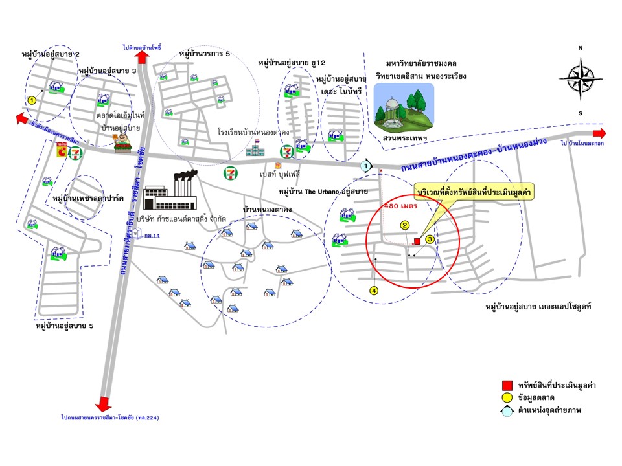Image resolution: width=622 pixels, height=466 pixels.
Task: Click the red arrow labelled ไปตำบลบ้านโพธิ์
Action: click(x=143, y=57)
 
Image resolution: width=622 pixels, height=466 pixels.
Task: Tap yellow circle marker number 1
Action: click(x=31, y=100)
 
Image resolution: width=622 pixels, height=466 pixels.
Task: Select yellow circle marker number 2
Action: click(x=404, y=226)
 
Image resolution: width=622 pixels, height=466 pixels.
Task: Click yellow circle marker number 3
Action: click(x=430, y=239)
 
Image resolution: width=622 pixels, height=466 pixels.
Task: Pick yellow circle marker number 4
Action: click(x=373, y=291)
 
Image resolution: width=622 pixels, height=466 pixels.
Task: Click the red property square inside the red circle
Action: click(x=417, y=241)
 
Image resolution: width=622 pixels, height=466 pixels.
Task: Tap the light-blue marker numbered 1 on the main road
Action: click(x=367, y=166)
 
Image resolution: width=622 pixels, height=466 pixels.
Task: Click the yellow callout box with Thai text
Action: click(x=472, y=193)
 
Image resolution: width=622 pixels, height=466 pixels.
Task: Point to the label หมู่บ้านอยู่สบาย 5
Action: click(x=65, y=327)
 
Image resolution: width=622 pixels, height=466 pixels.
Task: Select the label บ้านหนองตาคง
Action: click(x=267, y=210)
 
